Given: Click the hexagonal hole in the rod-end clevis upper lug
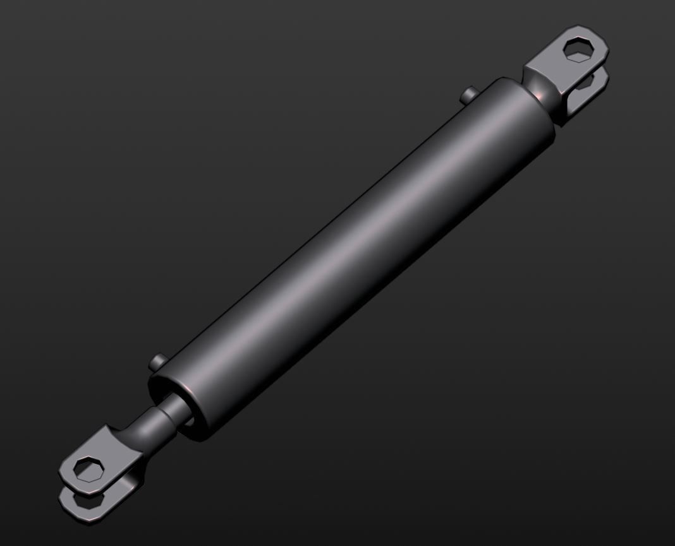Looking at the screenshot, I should tap(87, 469).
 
